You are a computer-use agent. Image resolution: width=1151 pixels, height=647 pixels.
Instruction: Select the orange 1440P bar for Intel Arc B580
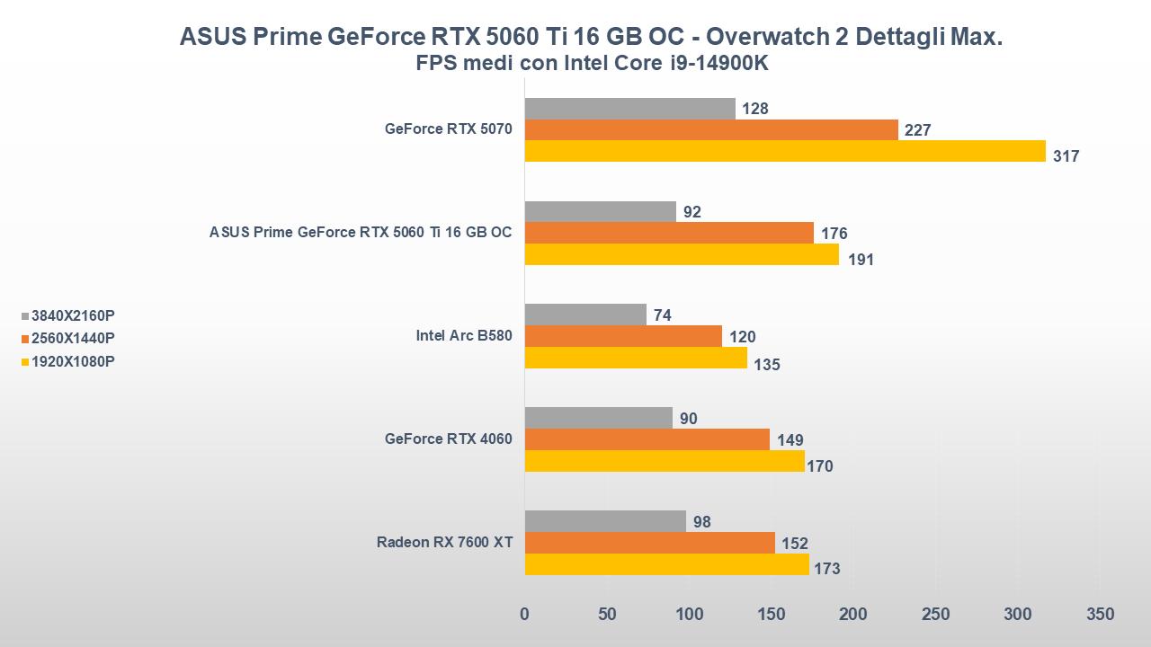622,336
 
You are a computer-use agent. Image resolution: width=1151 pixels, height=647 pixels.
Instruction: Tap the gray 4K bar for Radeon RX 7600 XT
604,521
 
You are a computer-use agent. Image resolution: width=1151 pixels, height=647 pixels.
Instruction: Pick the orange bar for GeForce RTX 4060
647,439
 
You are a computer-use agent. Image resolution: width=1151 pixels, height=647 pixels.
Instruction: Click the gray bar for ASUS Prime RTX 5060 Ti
600,211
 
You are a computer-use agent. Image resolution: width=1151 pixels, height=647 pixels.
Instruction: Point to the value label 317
1066,156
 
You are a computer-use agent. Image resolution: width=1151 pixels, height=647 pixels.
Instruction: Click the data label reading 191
861,261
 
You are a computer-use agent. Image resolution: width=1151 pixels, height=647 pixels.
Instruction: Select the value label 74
663,315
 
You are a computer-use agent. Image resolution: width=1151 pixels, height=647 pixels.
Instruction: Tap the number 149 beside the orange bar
790,440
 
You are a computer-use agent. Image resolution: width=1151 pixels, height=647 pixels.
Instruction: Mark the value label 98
702,522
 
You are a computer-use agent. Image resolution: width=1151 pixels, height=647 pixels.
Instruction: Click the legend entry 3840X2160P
73,315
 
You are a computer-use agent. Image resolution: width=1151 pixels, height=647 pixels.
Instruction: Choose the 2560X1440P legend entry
73,339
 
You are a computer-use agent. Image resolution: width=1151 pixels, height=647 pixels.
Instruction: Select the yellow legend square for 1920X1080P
25,362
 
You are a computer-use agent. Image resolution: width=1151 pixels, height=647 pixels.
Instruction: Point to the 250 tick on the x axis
936,615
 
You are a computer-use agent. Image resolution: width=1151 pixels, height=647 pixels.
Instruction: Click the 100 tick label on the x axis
690,615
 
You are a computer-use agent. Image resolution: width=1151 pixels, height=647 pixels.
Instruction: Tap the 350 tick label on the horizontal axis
1100,615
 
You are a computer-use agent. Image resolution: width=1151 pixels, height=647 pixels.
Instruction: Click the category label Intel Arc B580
463,336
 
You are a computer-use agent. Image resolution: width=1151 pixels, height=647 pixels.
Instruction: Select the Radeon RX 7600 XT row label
444,542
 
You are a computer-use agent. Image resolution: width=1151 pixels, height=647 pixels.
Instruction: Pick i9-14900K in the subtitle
711,64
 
